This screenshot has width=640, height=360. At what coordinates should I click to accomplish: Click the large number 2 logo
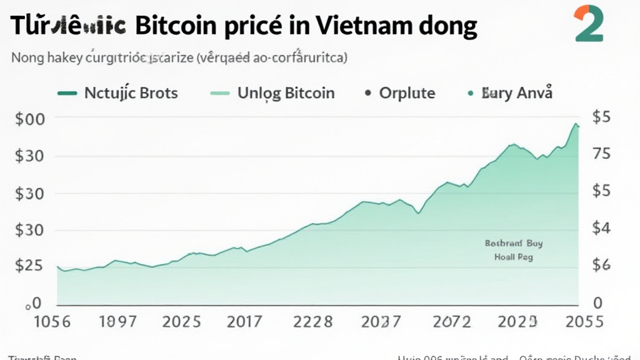(x=588, y=24)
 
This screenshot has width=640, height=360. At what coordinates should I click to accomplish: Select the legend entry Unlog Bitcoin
(x=286, y=94)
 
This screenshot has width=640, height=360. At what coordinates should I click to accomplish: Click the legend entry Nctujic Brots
(x=130, y=94)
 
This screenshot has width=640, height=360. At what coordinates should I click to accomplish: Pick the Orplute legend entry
(x=407, y=94)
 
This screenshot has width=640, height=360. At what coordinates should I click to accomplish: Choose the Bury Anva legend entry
(x=516, y=94)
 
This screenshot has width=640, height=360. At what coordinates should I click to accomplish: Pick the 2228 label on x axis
(x=313, y=322)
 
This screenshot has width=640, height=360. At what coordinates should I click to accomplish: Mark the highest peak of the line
(x=575, y=124)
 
